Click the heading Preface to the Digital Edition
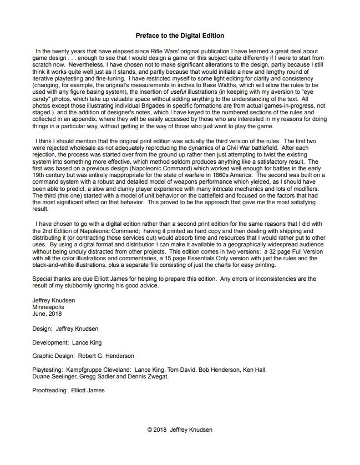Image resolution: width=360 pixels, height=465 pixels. (x=180, y=36)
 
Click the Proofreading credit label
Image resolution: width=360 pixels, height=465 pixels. (x=50, y=390)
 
